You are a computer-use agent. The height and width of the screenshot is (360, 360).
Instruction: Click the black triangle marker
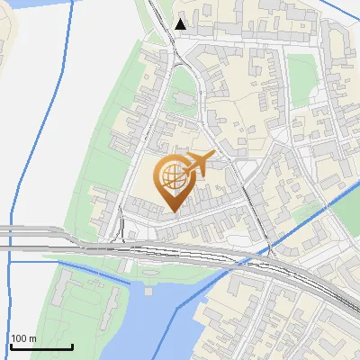[182, 24]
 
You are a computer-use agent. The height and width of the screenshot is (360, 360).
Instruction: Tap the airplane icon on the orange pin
[197, 165]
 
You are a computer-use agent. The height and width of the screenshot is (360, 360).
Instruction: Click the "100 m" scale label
[24, 338]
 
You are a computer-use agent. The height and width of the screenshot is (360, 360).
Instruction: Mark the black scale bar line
[41, 346]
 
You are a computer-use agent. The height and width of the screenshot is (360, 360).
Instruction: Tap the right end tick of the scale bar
[72, 345]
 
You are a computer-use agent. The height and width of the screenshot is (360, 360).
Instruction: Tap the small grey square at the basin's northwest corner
[148, 290]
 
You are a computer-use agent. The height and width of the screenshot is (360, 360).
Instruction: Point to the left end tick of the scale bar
[11, 345]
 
